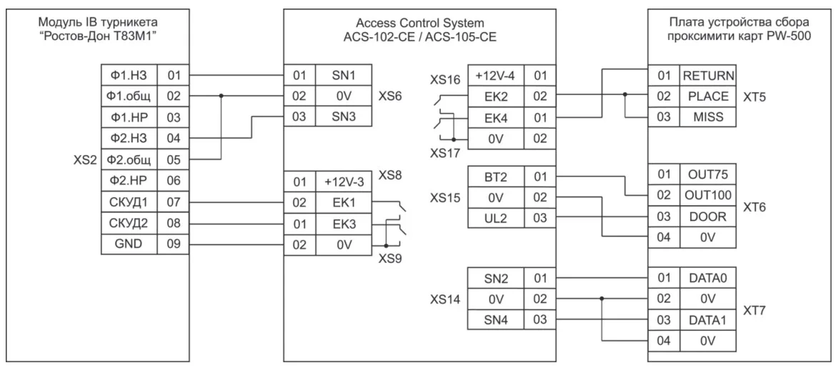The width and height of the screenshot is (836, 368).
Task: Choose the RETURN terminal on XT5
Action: coord(709,76)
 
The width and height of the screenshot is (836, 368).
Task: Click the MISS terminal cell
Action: coord(709,116)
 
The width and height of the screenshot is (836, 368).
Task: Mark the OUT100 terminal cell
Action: coord(709,194)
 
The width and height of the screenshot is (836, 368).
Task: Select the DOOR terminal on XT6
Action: coord(709,215)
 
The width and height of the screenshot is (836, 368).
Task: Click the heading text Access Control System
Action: coord(420,23)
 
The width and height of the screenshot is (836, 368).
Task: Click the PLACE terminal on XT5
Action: coord(709,96)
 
